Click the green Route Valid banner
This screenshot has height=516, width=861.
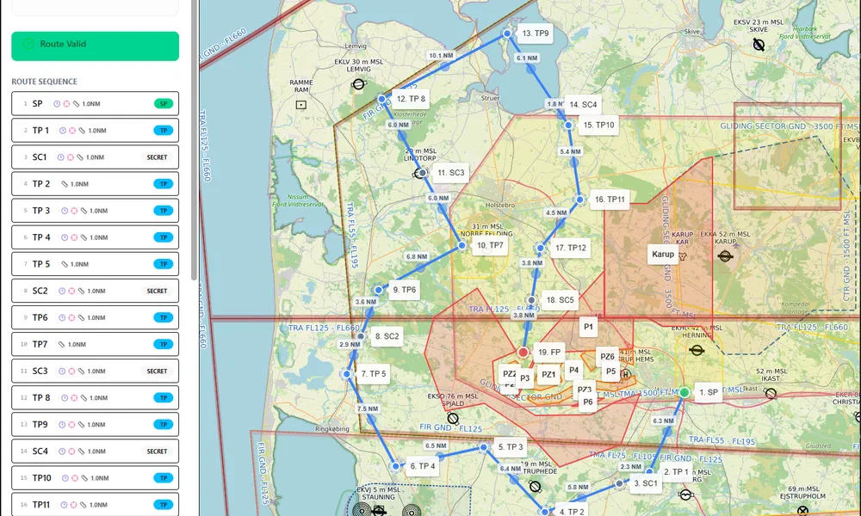coord(95,46)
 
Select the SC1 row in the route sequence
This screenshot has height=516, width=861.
coord(95,157)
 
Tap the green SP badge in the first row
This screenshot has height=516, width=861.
coord(163,104)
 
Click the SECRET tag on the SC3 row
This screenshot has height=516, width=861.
coord(157,372)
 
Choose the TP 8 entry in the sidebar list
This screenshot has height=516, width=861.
coord(95,398)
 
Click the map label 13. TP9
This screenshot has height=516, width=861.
coord(536,34)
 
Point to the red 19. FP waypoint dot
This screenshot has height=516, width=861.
coord(523,353)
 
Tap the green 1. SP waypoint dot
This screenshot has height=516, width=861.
coord(684,392)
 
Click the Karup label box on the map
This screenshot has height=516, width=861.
coord(663,255)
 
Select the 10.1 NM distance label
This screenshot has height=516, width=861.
coord(440,56)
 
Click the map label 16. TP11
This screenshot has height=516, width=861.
coord(610,200)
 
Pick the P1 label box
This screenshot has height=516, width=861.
coord(589,327)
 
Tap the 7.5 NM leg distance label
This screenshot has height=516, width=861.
coord(368,409)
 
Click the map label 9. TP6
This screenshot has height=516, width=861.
coord(404,290)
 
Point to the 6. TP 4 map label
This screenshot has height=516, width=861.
coord(423,466)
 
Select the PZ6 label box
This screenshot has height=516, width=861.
coord(607,357)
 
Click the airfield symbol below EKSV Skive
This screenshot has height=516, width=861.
coord(759,45)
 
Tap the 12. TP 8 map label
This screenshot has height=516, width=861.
coord(411,99)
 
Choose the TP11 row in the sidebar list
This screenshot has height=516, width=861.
coord(95,505)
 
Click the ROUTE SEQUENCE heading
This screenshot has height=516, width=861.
coord(44,82)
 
